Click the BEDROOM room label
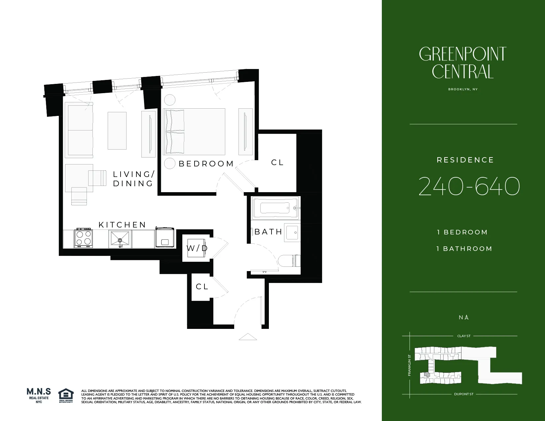pyautogui.click(x=206, y=164)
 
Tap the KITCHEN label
pyautogui.click(x=122, y=225)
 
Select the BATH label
pyautogui.click(x=268, y=232)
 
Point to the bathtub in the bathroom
pyautogui.click(x=275, y=208)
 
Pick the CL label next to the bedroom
pyautogui.click(x=277, y=162)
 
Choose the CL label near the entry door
pyautogui.click(x=202, y=287)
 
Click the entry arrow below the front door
pyautogui.click(x=248, y=337)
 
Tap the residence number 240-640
pyautogui.click(x=469, y=187)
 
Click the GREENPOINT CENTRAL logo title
pyautogui.click(x=463, y=63)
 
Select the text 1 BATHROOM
pyautogui.click(x=464, y=249)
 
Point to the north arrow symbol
pyautogui.click(x=466, y=317)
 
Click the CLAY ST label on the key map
pyautogui.click(x=464, y=336)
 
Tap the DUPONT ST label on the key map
pyautogui.click(x=464, y=394)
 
